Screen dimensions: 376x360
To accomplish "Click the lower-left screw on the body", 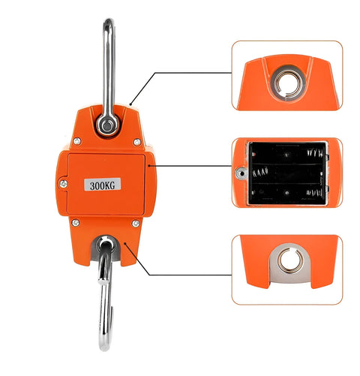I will tap(74, 221).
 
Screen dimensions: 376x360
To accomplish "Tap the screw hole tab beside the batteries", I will tap(240, 174).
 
